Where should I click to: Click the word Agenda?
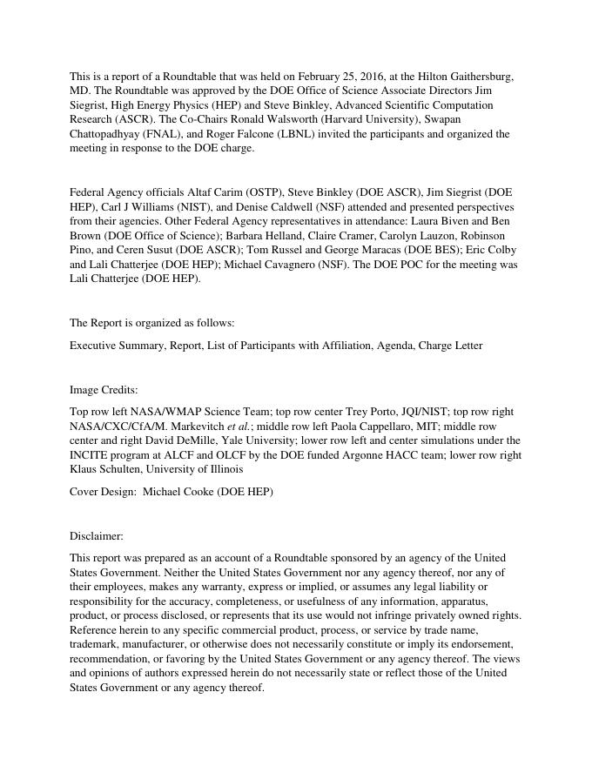[x=393, y=346]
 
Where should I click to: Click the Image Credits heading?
[x=104, y=390]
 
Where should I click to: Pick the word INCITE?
[x=88, y=455]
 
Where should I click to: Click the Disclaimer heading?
[x=97, y=536]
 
